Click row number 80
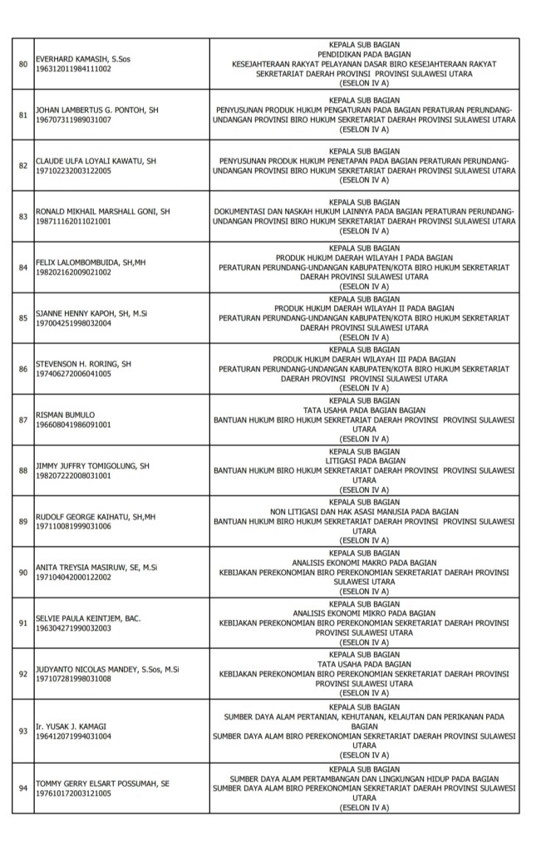[22, 63]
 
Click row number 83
[22, 215]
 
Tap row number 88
[22, 470]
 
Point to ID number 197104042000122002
[73, 576]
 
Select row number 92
[22, 674]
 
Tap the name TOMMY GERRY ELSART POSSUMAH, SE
[101, 783]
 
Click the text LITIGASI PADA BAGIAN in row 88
[366, 460]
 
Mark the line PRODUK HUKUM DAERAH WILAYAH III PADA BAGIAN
[365, 359]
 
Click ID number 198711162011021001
[73, 221]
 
